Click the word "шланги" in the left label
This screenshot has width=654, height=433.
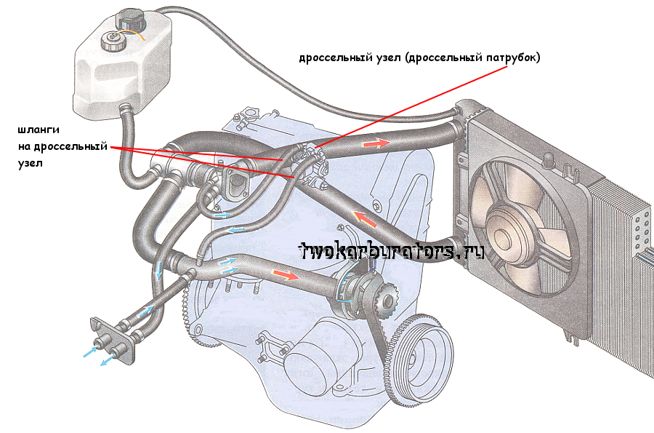tap(38, 130)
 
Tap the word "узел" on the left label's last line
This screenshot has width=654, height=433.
tap(31, 164)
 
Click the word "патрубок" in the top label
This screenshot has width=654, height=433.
tap(512, 57)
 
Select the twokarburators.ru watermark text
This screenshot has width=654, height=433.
tap(392, 251)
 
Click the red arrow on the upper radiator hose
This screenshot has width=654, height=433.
tap(373, 144)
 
